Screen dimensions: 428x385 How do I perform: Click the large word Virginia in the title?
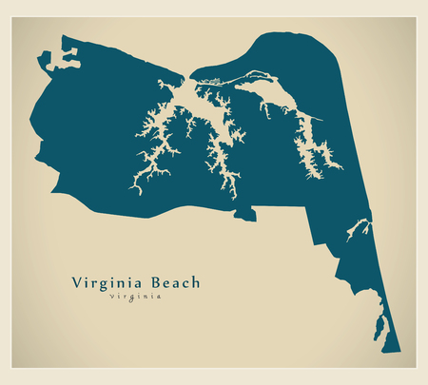[107, 282]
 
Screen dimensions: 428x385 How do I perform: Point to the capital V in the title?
[77, 282]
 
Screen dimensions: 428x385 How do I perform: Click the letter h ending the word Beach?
[196, 282]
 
